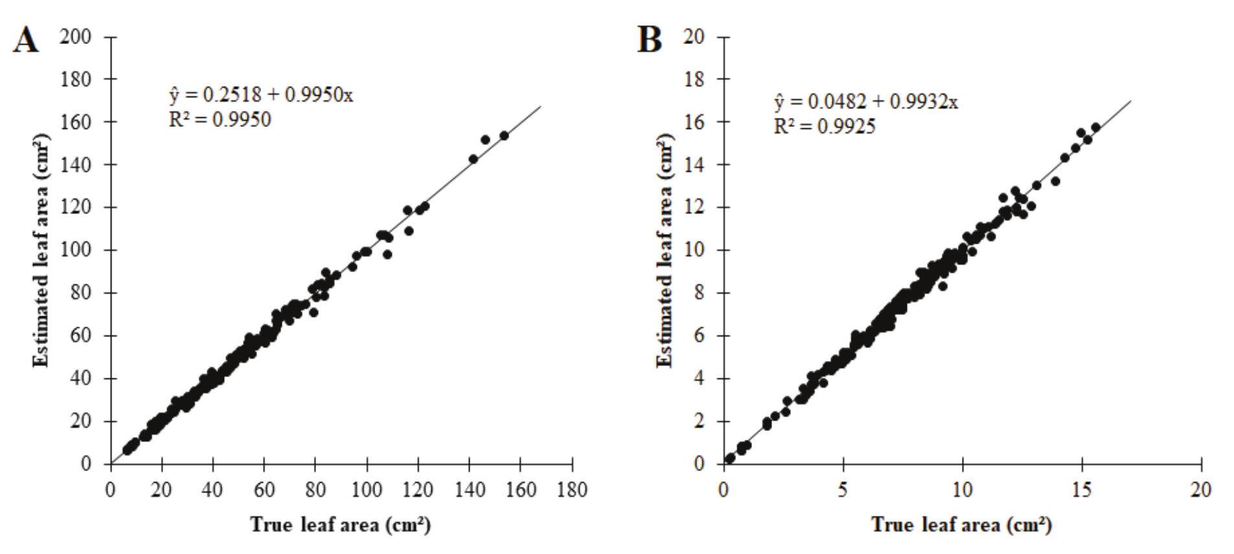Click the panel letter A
coord(26,40)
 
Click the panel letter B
coord(650,40)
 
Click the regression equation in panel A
coord(261,95)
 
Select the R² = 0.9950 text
coord(220,120)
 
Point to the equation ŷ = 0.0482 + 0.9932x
coord(866,102)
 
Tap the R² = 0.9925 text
coord(825,126)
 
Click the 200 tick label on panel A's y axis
coord(76,37)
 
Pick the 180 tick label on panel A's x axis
coord(572,490)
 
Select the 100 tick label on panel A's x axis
coord(367,490)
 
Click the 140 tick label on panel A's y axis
coord(76,165)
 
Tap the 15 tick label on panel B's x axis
coord(1082,490)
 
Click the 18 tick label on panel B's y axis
coord(695,79)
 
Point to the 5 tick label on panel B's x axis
coord(843,490)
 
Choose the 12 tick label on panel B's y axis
coord(695,207)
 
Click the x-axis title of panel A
coord(341,524)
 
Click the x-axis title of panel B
coord(961,524)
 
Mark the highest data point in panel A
coord(503,135)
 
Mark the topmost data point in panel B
coord(1095,127)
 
